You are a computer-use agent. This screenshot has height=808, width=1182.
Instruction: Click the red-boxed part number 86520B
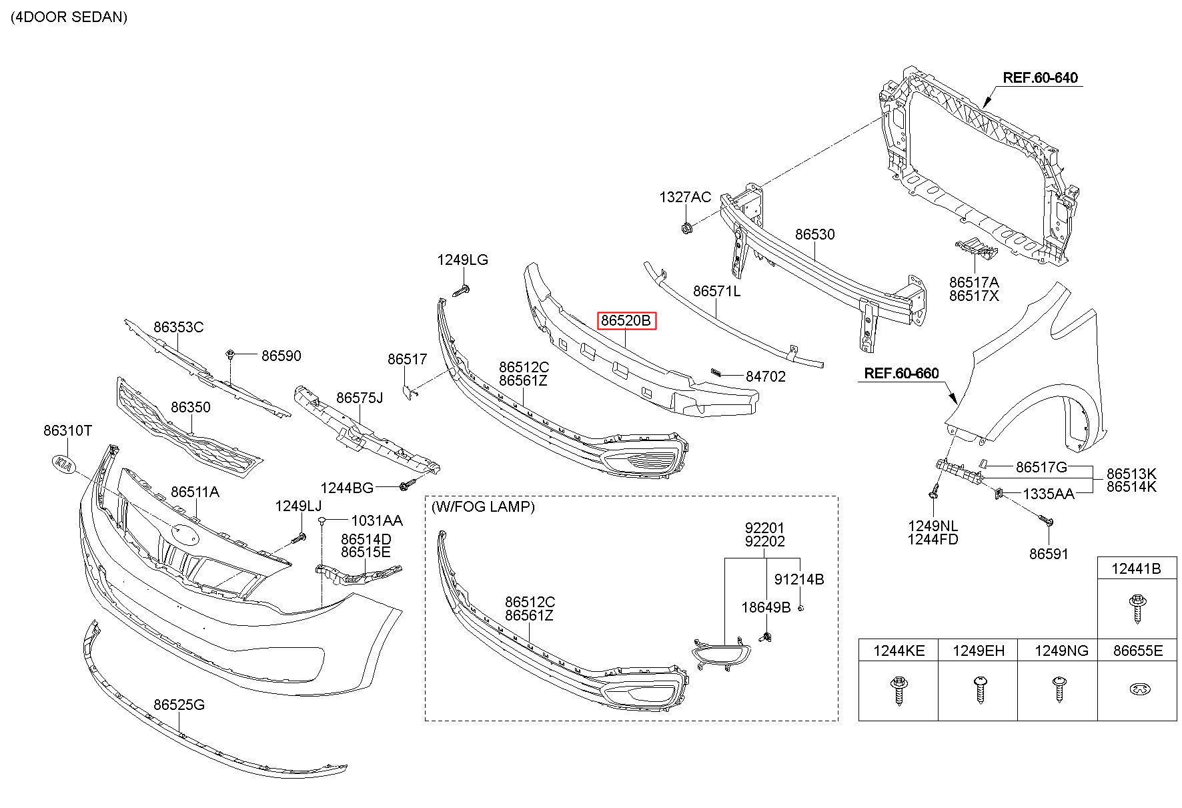point(626,321)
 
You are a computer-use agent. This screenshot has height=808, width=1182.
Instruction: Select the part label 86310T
point(68,431)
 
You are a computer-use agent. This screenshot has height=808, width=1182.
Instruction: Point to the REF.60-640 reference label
point(1040,78)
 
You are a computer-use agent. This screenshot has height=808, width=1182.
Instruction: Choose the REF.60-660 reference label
point(901,374)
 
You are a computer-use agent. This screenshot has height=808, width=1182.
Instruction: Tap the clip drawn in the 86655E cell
point(1137,689)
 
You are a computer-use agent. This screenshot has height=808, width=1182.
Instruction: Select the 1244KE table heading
point(898,651)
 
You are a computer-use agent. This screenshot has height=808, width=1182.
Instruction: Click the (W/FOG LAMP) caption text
point(483,506)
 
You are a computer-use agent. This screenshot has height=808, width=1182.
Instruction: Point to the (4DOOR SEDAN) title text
point(69,17)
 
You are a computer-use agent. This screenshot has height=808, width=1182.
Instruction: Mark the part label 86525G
point(179,705)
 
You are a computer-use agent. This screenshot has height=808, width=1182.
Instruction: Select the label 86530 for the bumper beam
point(814,235)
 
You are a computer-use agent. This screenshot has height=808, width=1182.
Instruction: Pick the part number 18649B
point(766,607)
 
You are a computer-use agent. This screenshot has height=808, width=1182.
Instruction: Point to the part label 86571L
point(716,291)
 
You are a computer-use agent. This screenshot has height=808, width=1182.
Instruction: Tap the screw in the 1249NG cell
point(1057,688)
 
